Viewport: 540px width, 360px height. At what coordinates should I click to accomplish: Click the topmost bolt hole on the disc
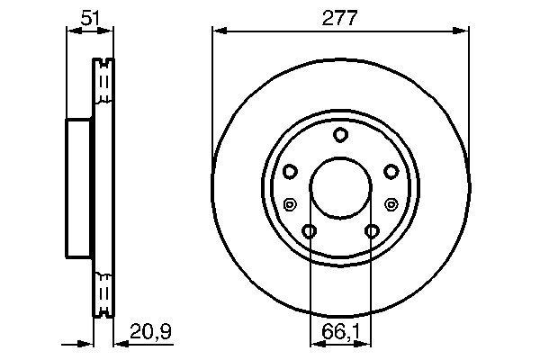[340, 136]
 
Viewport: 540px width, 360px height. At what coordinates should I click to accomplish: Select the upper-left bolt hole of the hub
[290, 171]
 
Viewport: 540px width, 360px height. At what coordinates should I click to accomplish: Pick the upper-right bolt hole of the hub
[391, 171]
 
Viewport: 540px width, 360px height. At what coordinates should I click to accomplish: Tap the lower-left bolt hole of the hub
[310, 231]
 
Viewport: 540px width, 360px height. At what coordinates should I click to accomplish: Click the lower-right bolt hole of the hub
[372, 231]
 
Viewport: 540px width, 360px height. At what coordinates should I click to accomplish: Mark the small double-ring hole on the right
[391, 203]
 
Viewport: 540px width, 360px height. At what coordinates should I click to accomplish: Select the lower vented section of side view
[103, 288]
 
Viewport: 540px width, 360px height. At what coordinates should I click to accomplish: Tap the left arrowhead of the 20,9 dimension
[89, 342]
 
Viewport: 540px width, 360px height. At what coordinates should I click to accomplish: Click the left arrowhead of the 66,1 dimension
[314, 342]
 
